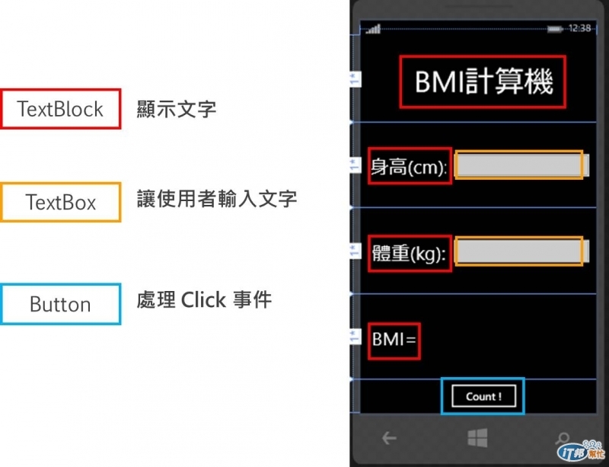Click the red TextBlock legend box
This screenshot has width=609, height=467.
click(61, 109)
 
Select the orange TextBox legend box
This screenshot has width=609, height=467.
click(61, 203)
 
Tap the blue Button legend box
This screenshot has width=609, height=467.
click(61, 304)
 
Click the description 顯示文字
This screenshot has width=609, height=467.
click(177, 110)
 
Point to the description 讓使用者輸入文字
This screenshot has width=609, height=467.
click(217, 200)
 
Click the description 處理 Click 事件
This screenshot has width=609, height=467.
click(204, 299)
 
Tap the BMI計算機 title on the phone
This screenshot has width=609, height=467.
click(483, 82)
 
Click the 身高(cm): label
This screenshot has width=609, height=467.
click(409, 167)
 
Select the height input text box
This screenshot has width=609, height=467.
click(518, 165)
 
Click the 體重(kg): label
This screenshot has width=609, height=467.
click(409, 253)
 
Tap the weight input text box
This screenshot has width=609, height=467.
click(518, 252)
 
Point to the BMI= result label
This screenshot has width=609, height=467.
click(394, 339)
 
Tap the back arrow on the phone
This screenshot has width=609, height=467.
click(389, 437)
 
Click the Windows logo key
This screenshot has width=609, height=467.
click(477, 437)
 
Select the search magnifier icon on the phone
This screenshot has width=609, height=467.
click(562, 439)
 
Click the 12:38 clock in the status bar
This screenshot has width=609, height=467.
click(580, 28)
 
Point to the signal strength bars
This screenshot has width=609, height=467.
click(373, 30)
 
